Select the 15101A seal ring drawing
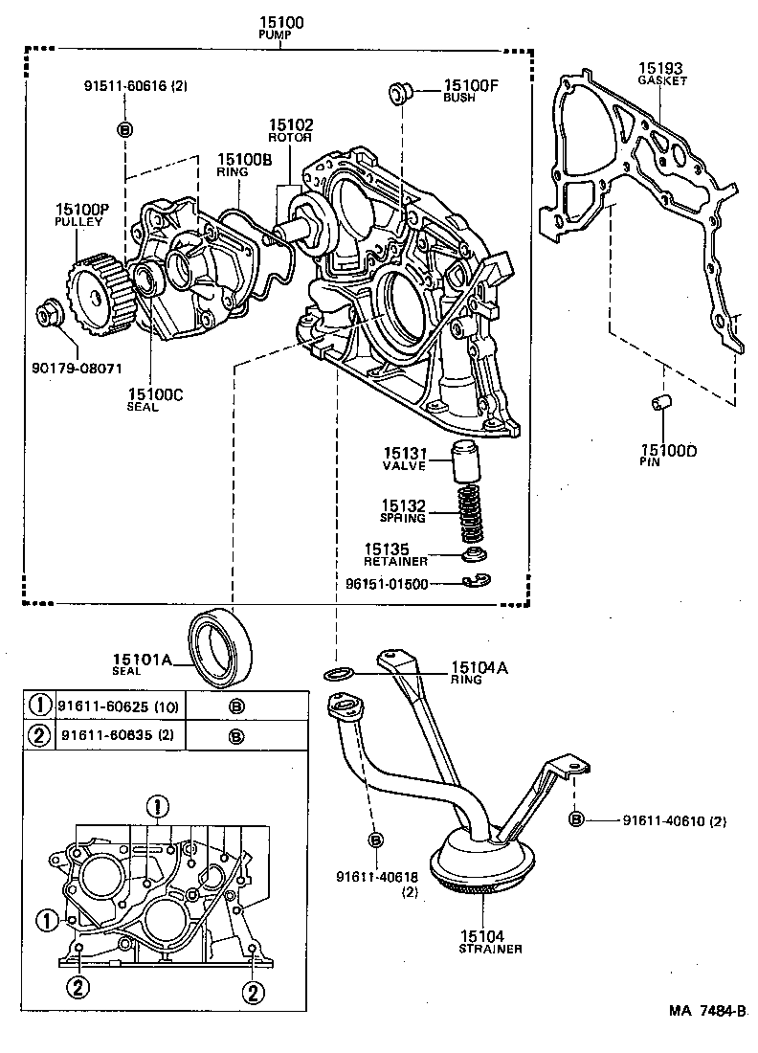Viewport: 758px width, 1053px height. tap(223, 647)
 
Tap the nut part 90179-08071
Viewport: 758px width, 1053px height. tap(47, 314)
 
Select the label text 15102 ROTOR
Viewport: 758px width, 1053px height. tap(290, 130)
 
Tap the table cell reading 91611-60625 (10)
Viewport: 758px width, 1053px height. tap(116, 706)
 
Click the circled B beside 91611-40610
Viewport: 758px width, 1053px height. tap(576, 818)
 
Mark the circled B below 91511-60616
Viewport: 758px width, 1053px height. tap(124, 129)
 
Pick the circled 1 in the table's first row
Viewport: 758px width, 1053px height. tap(40, 706)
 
